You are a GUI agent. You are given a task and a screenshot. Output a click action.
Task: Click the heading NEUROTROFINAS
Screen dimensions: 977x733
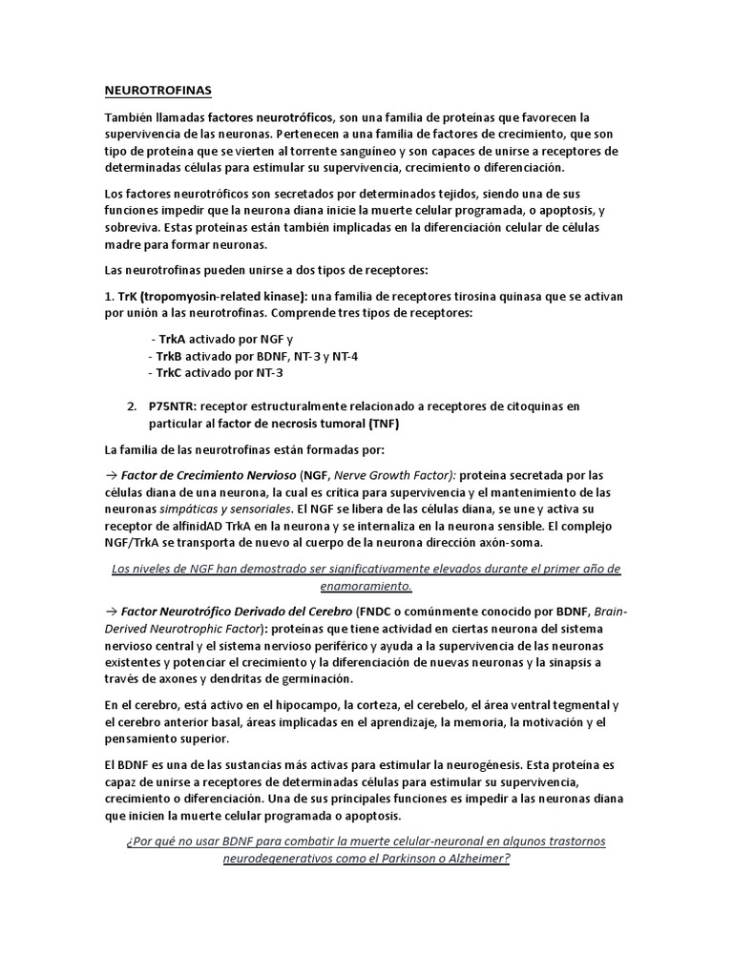coord(157,91)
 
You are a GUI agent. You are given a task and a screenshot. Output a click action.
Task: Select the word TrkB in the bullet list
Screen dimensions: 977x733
coord(171,356)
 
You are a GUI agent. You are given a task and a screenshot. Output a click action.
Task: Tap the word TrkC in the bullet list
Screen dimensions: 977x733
coord(171,373)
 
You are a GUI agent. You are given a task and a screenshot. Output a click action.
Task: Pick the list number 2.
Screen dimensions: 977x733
coord(132,406)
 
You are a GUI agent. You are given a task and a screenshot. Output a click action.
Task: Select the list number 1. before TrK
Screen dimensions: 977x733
coord(109,297)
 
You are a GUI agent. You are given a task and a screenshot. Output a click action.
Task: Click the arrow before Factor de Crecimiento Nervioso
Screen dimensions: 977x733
coord(110,475)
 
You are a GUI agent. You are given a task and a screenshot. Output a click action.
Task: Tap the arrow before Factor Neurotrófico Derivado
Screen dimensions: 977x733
coord(110,611)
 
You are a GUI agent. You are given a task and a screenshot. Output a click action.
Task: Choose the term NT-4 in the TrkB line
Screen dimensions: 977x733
coord(346,356)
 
